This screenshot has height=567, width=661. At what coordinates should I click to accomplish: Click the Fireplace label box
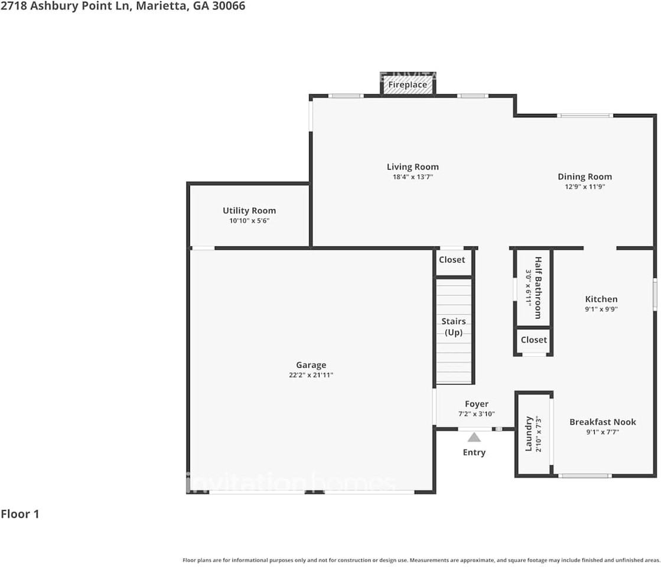(408, 85)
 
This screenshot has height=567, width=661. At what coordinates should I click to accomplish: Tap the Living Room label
(412, 167)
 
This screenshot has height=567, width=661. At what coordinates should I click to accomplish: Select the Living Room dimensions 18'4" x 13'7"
(412, 177)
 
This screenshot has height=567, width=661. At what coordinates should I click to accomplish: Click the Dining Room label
(584, 177)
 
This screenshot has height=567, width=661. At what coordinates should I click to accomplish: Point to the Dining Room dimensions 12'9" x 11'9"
(584, 187)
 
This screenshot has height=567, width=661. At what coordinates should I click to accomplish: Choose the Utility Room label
(249, 210)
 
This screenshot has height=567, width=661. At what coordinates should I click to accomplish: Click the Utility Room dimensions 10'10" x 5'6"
(249, 220)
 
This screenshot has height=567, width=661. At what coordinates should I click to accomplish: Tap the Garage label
(311, 365)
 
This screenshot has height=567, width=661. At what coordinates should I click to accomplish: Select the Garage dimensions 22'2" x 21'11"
(311, 375)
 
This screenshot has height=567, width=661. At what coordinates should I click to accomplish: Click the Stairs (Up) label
(454, 327)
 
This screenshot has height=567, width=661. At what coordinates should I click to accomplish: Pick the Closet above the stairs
(452, 260)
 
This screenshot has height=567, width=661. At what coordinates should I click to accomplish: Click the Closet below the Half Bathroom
(533, 340)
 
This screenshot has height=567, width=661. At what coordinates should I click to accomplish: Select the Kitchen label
(601, 299)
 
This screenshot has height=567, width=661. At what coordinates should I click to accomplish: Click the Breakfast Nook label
(603, 422)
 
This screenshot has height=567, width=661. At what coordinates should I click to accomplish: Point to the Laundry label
(529, 434)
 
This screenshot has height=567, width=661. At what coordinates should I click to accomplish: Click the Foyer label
(476, 404)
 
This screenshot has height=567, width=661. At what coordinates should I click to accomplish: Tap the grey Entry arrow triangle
(474, 437)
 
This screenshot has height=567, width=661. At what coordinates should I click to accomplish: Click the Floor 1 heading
(20, 514)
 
